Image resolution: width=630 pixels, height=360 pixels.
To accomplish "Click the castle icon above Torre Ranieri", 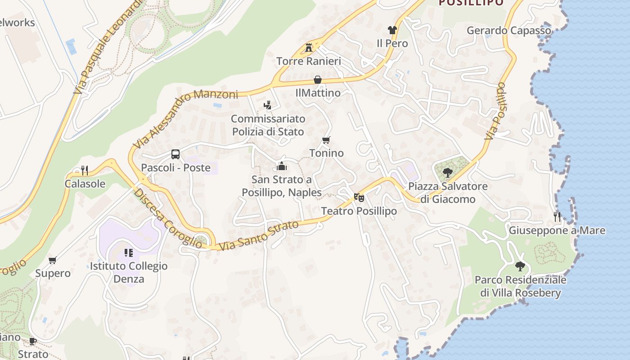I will pos(309,47).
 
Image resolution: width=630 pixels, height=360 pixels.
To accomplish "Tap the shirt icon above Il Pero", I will pos(392,30).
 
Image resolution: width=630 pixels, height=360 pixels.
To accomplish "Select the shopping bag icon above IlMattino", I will pos(318,80).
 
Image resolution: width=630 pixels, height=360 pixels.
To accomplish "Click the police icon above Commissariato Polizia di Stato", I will pos(268,105).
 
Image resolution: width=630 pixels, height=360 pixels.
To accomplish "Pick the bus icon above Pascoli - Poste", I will pos(175,154).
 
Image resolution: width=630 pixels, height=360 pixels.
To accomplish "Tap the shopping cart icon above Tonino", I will pos(326,140).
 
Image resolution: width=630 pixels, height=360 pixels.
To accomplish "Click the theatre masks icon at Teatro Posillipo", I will pos(359,197).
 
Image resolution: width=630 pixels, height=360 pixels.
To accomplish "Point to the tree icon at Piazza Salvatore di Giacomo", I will pos(447,172).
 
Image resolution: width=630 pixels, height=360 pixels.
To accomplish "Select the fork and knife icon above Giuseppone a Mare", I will pos(557,217).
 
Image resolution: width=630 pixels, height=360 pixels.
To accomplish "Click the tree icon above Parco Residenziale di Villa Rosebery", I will pos(520,266).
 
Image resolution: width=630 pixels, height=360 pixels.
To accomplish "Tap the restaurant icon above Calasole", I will pos(84,170).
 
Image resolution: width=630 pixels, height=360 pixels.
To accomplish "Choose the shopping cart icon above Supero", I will pos(53,260).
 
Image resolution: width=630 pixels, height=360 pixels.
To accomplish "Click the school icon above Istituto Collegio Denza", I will pos(129,253).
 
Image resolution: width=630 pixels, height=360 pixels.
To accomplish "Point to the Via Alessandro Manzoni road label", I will pos(185,118).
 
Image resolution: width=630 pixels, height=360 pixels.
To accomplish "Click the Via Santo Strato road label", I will pos(259,235).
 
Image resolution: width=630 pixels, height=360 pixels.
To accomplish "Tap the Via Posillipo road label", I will pos(495,111).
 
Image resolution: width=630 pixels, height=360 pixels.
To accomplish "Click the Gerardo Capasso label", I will pos(508,31).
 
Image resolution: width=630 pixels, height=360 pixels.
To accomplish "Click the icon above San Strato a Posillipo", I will pos(282,166).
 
